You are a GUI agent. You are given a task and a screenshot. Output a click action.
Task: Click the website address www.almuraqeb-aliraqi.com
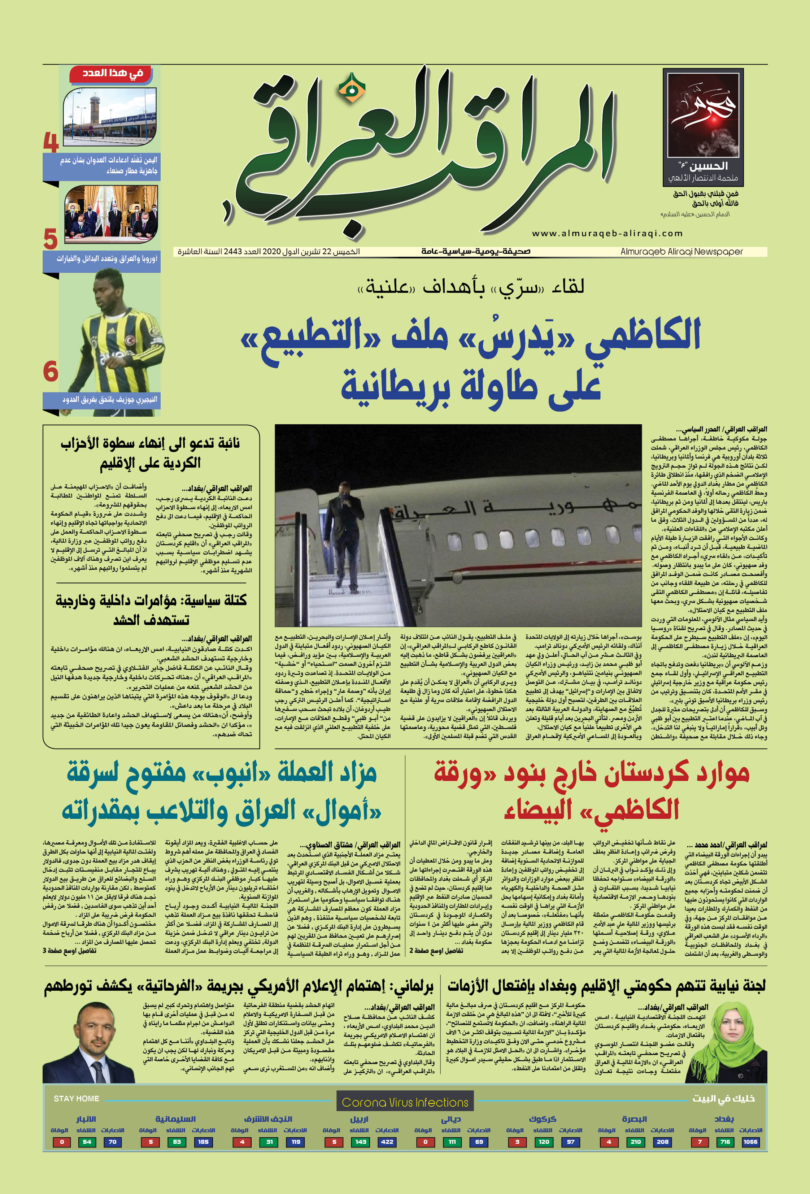pos(607,233)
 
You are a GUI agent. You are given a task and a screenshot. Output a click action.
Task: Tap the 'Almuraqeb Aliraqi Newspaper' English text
pos(681,252)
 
